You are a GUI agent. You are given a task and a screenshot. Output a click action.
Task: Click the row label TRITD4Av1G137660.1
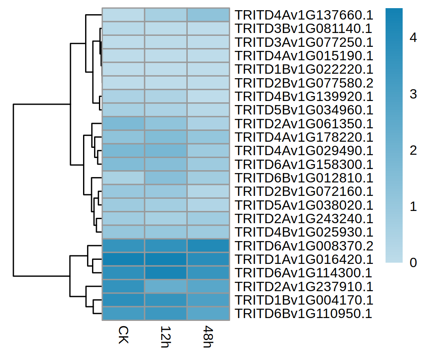[x=304, y=15]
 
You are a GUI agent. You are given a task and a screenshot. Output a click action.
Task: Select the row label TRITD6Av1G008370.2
[x=304, y=246]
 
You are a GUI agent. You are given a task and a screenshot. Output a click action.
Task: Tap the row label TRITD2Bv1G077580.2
[x=304, y=83]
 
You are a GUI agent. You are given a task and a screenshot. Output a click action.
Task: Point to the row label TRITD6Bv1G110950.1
[x=304, y=314]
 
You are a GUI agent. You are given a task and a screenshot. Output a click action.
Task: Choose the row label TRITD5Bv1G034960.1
[x=304, y=110]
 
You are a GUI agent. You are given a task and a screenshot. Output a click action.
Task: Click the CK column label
[x=123, y=334]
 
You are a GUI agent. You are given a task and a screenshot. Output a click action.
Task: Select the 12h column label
[x=166, y=336]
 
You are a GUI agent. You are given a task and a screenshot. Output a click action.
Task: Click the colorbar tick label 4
[x=413, y=38]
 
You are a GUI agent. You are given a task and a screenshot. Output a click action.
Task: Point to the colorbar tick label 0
[x=413, y=263]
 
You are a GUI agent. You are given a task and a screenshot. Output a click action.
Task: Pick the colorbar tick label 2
[x=413, y=151]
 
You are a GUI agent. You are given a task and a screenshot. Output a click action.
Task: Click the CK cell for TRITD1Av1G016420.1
[x=123, y=259]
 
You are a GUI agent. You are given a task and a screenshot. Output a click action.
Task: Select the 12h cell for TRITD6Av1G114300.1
[x=166, y=273]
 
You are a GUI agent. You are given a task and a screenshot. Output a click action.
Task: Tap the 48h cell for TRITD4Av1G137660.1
[x=208, y=15]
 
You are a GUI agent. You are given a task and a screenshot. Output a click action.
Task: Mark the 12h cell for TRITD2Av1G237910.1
[x=166, y=287]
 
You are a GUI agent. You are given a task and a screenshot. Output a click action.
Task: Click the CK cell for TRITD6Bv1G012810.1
[x=123, y=178]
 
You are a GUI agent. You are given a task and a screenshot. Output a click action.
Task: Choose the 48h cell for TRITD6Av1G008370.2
[x=208, y=246]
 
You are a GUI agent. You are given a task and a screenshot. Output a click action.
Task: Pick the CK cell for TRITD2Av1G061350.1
[x=123, y=124]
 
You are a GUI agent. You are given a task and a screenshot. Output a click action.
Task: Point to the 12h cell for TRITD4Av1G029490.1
[x=166, y=151]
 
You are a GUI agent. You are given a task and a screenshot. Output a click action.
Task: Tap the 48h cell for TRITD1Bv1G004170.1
[x=208, y=300]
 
